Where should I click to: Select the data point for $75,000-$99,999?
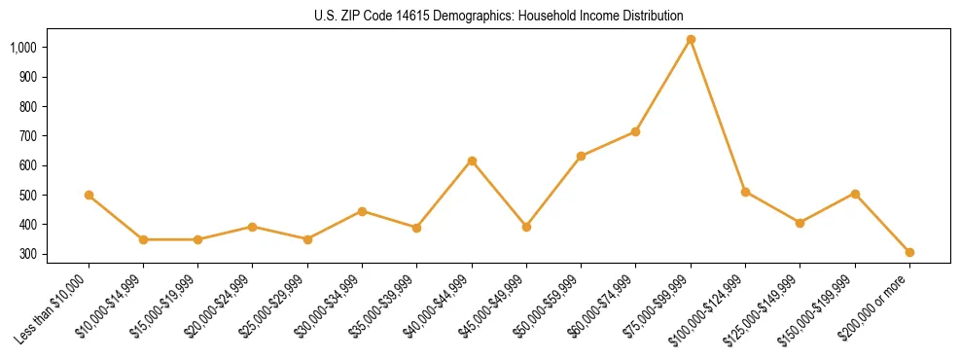click(x=691, y=40)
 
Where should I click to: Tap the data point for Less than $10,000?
click(x=89, y=195)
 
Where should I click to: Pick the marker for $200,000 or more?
click(x=909, y=252)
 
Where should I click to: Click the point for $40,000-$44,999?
click(x=472, y=161)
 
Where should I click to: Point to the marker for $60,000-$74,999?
click(x=636, y=131)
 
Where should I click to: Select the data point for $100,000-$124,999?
click(x=745, y=192)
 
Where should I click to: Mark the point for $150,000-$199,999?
click(x=855, y=194)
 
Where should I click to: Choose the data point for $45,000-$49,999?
click(x=526, y=227)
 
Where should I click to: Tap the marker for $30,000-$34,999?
click(x=362, y=211)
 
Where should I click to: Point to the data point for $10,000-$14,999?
click(x=143, y=239)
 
